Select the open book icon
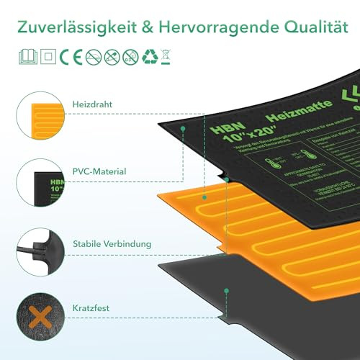click(26, 56)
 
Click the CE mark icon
click(67, 56)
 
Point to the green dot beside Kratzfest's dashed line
click(226, 291)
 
